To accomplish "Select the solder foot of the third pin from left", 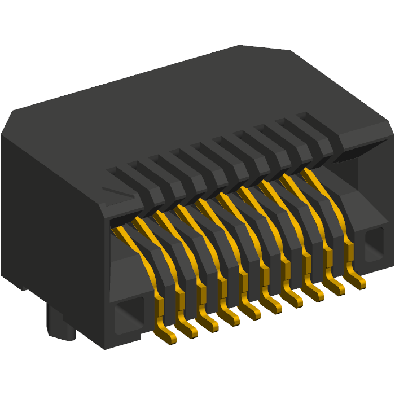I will tap(209, 324).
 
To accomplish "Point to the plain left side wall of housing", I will tap(51, 226).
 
